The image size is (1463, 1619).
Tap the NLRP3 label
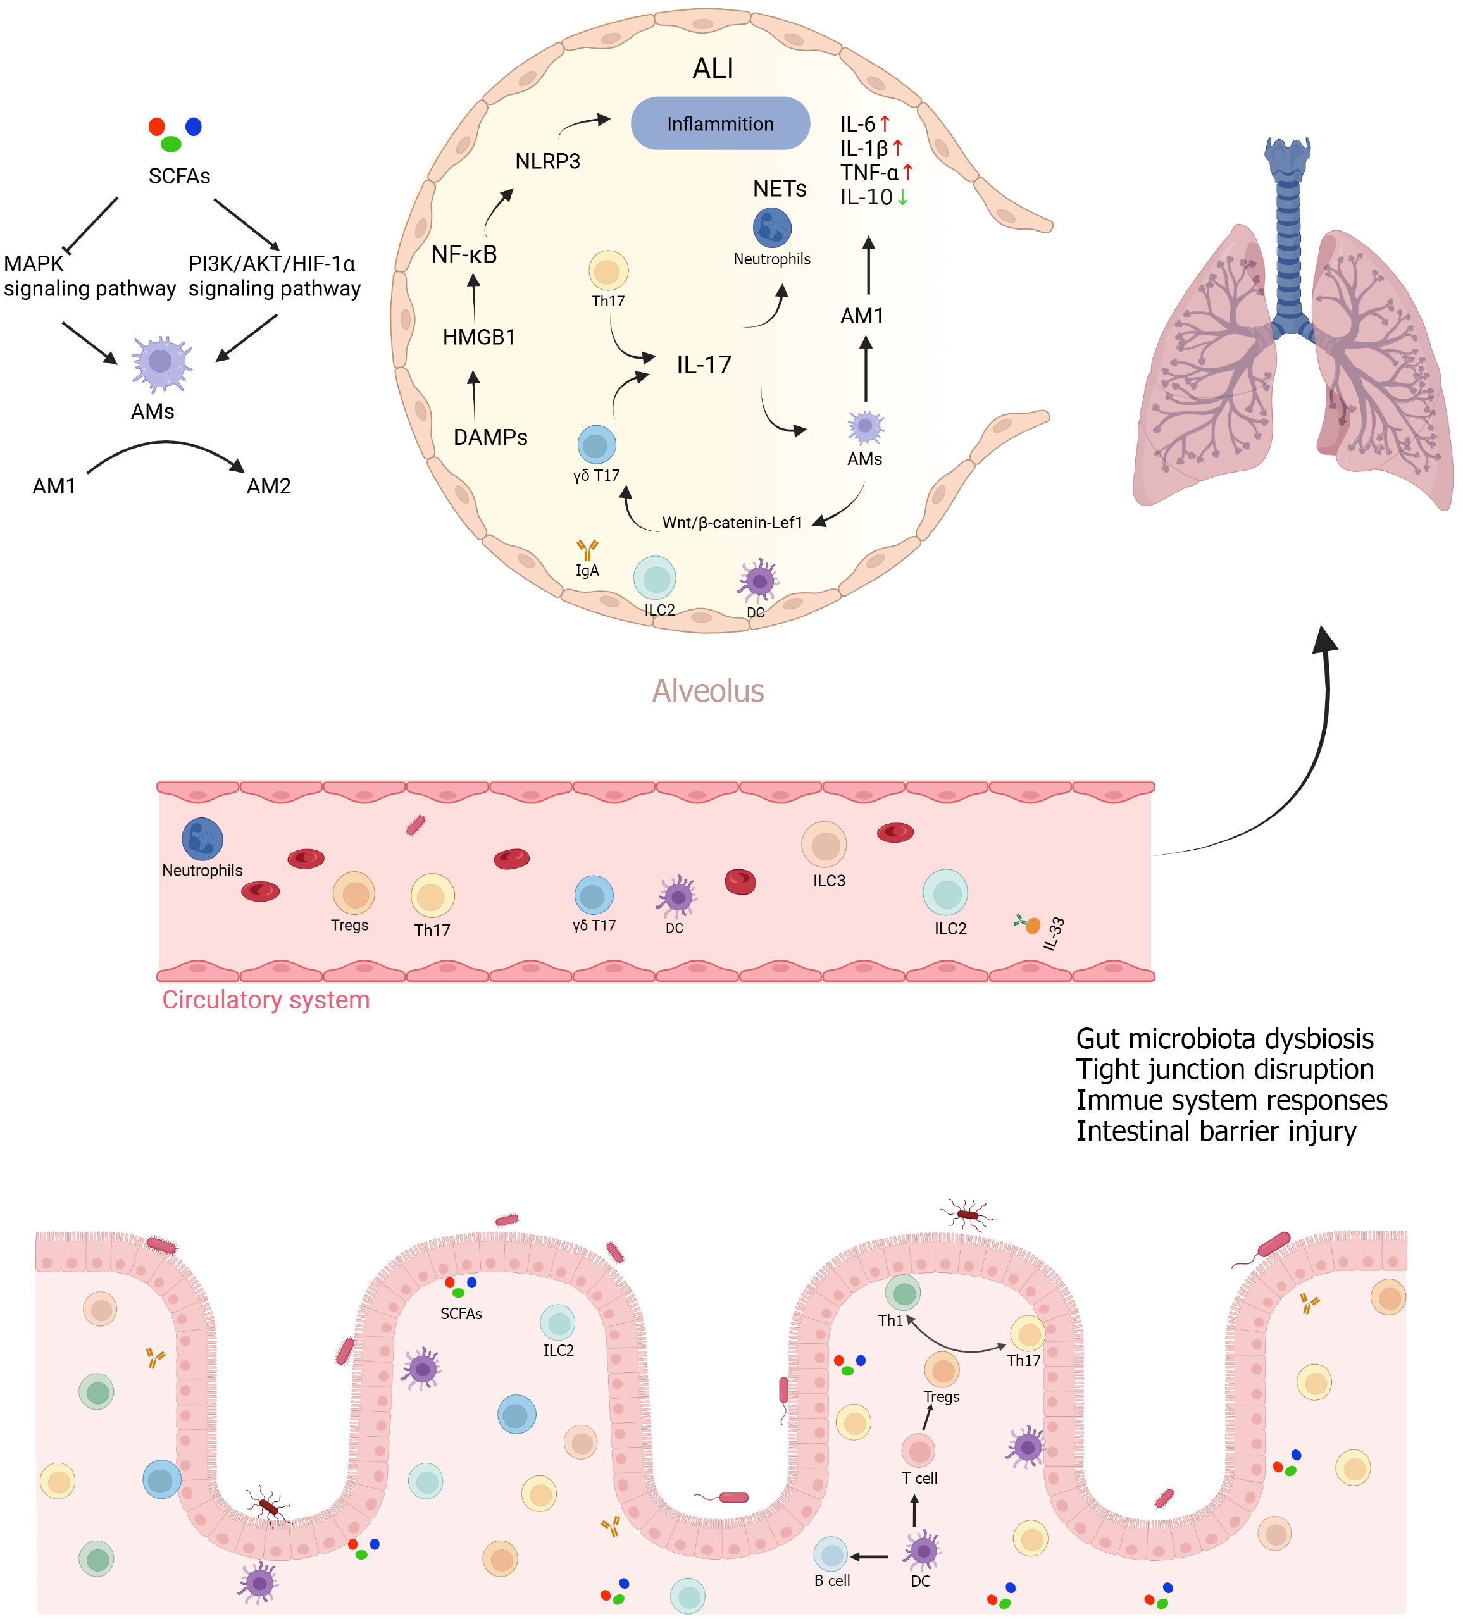point(547,161)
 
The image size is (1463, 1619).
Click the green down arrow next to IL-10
point(902,197)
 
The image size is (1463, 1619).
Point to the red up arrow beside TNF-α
point(907,172)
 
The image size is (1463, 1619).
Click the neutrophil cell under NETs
point(771,227)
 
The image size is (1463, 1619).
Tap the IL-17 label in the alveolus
point(703,366)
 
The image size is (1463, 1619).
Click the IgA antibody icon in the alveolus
point(587,550)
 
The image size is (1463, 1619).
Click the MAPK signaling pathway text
point(89,276)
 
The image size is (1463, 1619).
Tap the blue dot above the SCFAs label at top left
point(194,126)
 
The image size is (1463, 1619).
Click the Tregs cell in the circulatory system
point(354,894)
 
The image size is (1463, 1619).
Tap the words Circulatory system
point(266,1000)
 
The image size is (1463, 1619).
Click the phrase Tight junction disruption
point(1224,1070)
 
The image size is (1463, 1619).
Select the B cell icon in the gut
point(830,1554)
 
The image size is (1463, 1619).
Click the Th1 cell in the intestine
point(903,1293)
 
